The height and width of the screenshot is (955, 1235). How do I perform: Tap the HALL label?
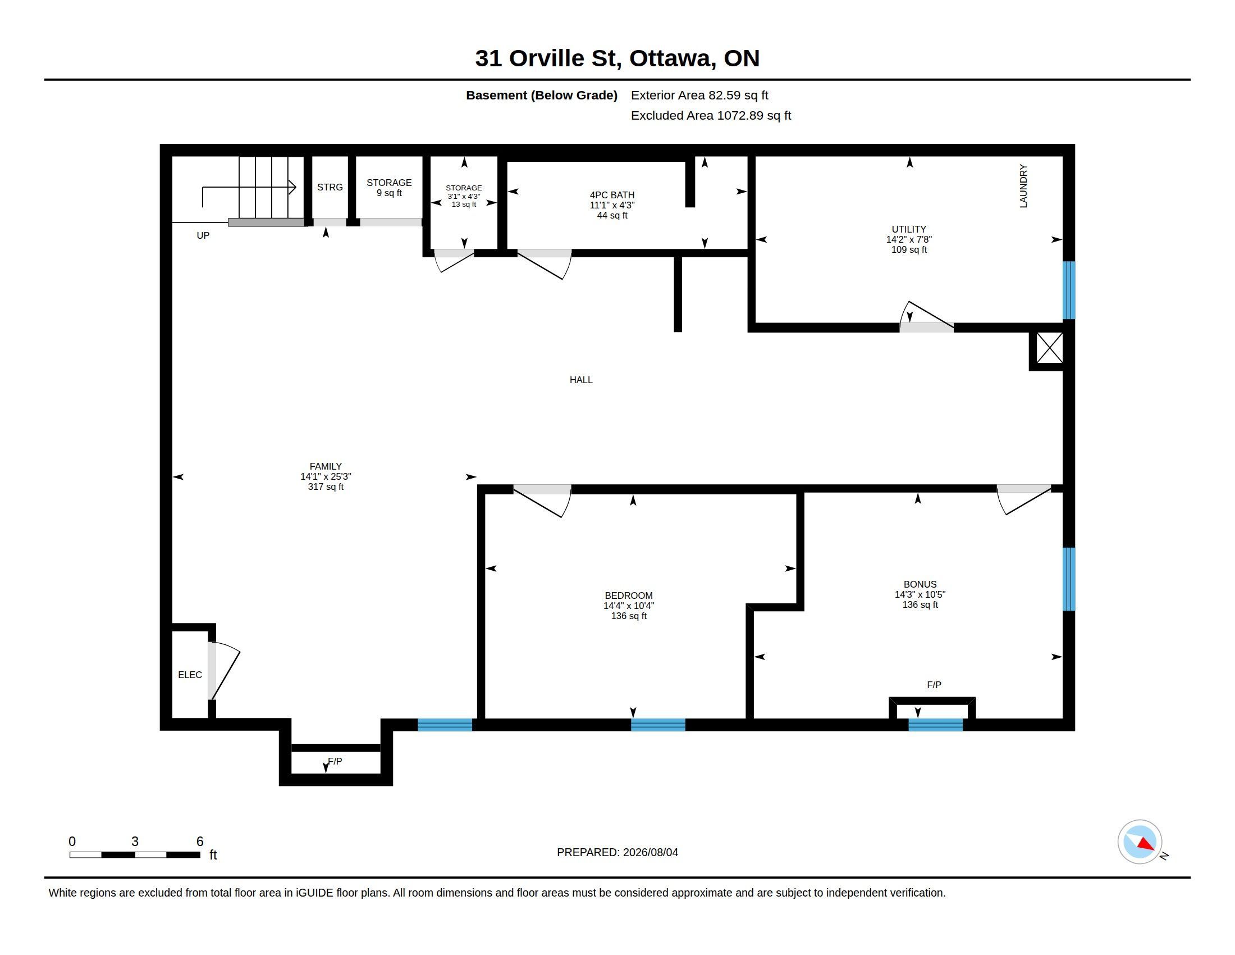coord(581,380)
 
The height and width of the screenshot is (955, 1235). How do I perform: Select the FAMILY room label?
coord(326,467)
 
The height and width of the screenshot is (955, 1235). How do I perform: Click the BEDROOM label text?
coord(628,595)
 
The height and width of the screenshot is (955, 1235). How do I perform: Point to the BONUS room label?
coord(920,584)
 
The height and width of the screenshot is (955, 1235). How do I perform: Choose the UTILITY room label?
coord(909,229)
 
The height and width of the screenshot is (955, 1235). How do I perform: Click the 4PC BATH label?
coord(612,195)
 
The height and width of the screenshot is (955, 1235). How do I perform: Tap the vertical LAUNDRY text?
coord(1023,186)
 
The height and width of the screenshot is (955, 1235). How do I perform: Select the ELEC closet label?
coord(190,675)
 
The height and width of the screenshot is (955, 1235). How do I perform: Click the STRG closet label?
coord(330,187)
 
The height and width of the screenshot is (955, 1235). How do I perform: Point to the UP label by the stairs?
coord(203,235)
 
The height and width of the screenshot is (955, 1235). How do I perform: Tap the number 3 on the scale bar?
coord(135,842)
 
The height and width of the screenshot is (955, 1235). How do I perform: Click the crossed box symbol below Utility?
coord(1049,348)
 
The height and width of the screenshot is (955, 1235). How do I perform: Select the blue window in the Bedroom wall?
coord(658,725)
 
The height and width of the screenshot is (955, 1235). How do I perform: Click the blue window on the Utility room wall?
coord(1068,290)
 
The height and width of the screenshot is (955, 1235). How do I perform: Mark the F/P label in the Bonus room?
coord(934,685)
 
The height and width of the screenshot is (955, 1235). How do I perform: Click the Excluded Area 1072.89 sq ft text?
coord(711,115)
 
